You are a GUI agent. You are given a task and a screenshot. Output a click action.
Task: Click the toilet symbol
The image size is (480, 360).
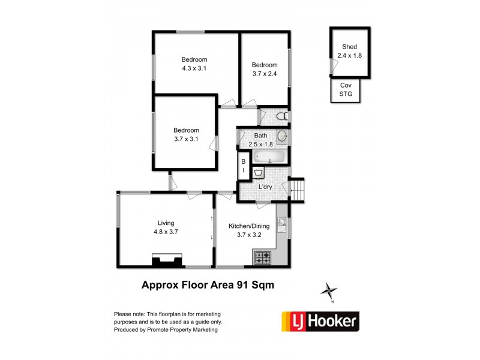point(282,116)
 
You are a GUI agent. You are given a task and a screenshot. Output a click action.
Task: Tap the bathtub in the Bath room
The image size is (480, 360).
point(269,157)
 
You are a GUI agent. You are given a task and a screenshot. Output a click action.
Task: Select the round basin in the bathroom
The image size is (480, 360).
point(282,136)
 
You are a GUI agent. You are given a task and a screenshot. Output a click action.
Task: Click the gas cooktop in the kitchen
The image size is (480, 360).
point(263,257)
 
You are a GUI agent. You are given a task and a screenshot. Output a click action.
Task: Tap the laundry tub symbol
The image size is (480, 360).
point(259,172)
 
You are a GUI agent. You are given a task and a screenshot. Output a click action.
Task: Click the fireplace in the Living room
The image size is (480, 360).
point(167,260)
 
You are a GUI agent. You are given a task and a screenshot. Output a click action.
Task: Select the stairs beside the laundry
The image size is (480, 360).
point(296,190)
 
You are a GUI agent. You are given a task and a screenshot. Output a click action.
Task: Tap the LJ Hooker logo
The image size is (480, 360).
point(320,322)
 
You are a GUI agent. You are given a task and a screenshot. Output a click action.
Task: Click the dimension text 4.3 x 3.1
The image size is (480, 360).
point(194,68)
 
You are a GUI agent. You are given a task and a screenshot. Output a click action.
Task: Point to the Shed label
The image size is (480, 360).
point(350,47)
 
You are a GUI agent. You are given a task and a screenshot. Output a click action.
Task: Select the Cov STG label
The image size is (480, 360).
point(346,89)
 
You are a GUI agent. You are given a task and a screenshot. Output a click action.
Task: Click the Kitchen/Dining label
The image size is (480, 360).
point(249,226)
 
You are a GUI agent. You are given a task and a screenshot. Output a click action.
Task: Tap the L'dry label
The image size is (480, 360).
point(265,187)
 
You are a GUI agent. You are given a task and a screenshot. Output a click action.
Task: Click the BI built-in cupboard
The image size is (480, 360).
point(244,166)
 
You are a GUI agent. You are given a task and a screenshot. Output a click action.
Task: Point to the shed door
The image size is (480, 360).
point(333,66)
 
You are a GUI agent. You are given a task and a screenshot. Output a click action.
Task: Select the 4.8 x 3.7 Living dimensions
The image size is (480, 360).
point(166,232)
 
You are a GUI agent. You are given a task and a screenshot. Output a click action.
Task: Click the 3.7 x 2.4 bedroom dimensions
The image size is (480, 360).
point(265,73)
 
